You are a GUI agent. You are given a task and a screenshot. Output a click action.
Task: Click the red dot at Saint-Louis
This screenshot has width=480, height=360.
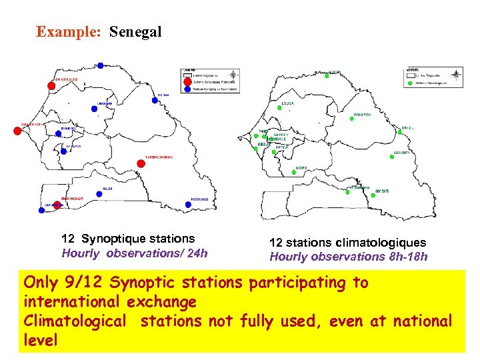pos(51,85)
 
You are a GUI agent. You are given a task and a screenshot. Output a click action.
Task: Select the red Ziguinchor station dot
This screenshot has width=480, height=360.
pos(57,205)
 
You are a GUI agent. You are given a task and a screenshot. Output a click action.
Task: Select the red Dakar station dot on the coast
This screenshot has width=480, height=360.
pos(17,131)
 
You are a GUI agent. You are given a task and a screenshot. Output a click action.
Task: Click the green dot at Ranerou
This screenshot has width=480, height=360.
pos(353,119)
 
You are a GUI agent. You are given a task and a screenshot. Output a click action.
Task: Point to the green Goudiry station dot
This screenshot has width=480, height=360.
pos(391,157)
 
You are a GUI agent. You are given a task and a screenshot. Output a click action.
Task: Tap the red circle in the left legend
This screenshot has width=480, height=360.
pos(186,82)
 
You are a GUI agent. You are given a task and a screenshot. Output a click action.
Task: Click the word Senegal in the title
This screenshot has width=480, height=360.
pos(135,31)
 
